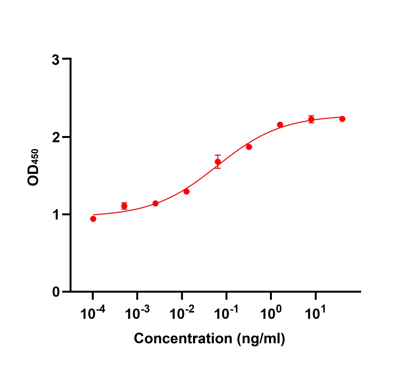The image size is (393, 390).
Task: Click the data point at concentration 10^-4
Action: [93, 219]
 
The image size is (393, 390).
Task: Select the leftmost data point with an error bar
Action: [124, 206]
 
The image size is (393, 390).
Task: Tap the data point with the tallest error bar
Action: [218, 161]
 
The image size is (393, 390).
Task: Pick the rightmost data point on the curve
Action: [342, 119]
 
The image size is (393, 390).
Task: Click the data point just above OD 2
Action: [280, 125]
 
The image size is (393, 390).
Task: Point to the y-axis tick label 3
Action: [56, 60]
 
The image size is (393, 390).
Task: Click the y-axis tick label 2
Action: [56, 137]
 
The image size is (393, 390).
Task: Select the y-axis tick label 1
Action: [56, 215]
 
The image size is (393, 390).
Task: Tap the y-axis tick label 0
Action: [56, 292]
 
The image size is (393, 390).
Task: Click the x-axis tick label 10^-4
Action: [93, 313]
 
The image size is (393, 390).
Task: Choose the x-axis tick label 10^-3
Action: [137, 313]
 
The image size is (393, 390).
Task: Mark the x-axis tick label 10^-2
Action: [182, 313]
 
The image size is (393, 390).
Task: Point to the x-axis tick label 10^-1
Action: [226, 313]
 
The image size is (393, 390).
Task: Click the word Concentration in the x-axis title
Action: [183, 338]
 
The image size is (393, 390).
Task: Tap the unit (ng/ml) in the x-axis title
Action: [261, 339]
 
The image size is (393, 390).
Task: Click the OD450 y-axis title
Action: [33, 167]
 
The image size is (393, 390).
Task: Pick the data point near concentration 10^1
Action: [311, 119]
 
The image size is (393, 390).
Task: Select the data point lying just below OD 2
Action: [249, 147]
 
